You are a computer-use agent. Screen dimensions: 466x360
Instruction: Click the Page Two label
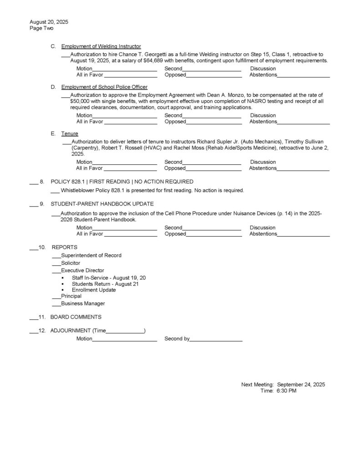click(41, 28)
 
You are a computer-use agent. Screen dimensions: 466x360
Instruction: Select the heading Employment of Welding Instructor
click(101, 46)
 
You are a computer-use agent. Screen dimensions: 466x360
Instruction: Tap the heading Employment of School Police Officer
click(104, 87)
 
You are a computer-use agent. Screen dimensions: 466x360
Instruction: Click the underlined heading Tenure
click(70, 134)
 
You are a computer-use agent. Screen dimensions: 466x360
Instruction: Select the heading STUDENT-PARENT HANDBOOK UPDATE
click(102, 203)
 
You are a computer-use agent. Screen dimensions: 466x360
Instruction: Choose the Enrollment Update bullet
click(94, 290)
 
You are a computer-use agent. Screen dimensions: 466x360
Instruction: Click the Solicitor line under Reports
click(71, 263)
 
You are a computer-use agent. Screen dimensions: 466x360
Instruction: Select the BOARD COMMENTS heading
click(76, 317)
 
